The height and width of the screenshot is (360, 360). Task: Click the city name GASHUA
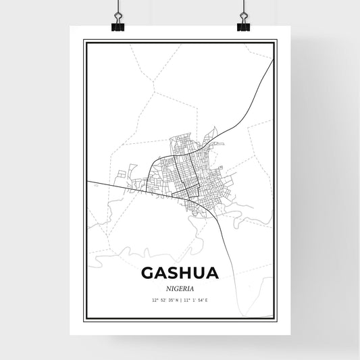pos(180,273)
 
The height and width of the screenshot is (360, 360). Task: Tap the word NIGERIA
pos(180,288)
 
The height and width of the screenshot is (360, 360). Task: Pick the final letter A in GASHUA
pos(211,273)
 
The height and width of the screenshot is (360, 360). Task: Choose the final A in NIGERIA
pos(192,288)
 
